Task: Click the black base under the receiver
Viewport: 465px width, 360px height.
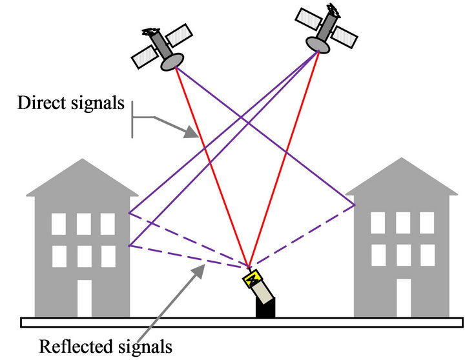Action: click(265, 309)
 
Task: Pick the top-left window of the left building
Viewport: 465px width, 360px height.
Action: click(59, 223)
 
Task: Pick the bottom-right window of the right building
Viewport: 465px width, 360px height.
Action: click(426, 255)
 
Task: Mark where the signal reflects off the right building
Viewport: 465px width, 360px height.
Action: click(355, 206)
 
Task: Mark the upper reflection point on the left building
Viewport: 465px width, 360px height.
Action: click(129, 214)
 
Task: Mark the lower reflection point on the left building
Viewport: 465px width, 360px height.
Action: click(129, 246)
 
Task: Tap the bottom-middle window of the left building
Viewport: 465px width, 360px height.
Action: click(83, 255)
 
